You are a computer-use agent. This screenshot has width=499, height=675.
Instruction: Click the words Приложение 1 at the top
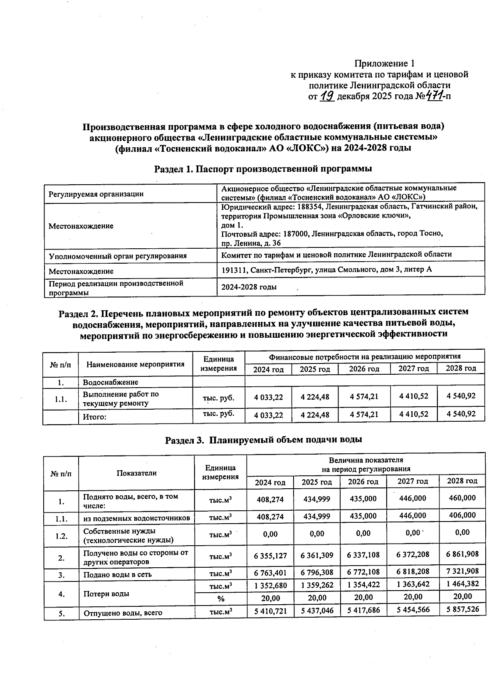tap(384, 64)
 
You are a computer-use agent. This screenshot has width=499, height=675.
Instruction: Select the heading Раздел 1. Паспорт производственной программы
tap(263, 169)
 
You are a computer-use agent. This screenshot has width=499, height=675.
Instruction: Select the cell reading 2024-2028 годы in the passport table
tap(249, 287)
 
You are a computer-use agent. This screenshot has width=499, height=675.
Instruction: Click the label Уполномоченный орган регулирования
tap(118, 256)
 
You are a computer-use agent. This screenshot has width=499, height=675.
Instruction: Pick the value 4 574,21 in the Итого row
tap(364, 415)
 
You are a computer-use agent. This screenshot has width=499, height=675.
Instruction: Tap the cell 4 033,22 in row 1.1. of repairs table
tap(268, 397)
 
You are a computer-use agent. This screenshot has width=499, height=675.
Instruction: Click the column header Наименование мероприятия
tap(135, 364)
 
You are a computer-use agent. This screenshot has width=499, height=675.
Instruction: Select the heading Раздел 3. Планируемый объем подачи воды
tap(264, 440)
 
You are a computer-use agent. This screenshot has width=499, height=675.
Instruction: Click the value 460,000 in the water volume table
tap(462, 498)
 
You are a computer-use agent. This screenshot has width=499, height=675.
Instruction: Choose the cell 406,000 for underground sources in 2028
tap(462, 515)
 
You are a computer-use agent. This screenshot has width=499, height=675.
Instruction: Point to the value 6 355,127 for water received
tap(270, 555)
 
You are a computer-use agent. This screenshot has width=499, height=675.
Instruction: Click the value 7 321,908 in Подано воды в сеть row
tap(462, 571)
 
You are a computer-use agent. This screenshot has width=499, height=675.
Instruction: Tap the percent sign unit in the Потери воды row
tap(220, 599)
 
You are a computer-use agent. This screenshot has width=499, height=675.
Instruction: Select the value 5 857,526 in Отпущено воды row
tap(462, 609)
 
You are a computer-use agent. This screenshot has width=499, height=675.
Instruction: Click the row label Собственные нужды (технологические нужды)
tap(128, 536)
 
